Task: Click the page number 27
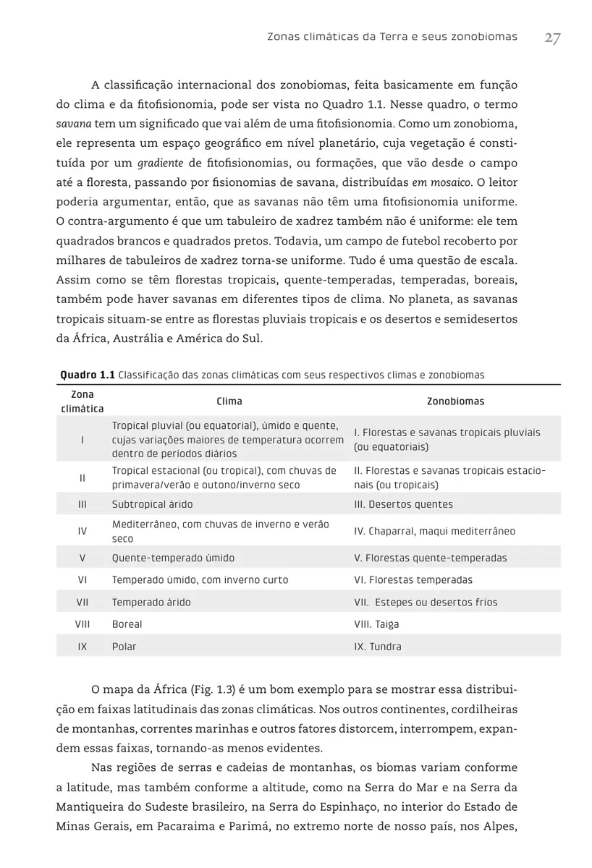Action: tap(551, 38)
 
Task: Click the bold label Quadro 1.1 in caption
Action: tap(87, 375)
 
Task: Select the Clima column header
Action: tap(229, 401)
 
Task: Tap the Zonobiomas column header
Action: tap(455, 401)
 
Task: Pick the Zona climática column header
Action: tap(83, 401)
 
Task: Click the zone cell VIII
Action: tap(83, 624)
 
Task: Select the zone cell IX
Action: tap(83, 647)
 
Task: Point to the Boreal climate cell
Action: tap(127, 624)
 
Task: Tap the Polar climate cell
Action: tap(124, 647)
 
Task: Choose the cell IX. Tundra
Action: tap(377, 647)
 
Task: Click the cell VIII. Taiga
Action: tap(376, 624)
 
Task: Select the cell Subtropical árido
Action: tap(152, 504)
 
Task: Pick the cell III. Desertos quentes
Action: tap(403, 504)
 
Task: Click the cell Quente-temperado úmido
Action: tap(173, 558)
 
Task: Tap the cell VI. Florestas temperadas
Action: tap(413, 580)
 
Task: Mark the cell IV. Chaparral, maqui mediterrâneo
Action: tap(434, 532)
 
